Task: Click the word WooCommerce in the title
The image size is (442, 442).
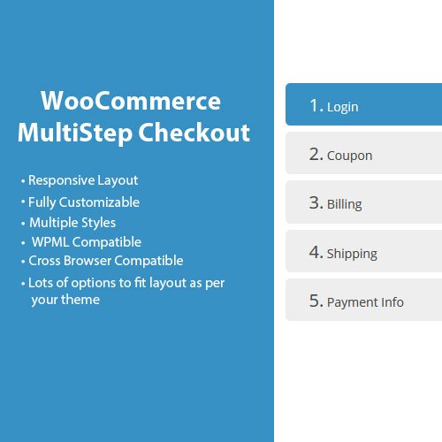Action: pos(132,99)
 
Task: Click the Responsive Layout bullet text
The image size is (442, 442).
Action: pos(82,180)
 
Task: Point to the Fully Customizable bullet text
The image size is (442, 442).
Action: pos(83,202)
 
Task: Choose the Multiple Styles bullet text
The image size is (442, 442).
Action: pos(72,222)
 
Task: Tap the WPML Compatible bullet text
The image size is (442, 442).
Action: pos(86,241)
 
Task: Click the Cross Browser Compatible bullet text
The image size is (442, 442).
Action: pos(105,261)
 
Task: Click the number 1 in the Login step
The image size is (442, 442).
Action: pos(315,106)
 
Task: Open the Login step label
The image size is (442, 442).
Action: pos(342,107)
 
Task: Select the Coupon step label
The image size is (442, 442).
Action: pos(349,156)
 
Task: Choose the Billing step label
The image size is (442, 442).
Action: pos(344,204)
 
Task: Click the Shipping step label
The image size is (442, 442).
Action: pos(352,254)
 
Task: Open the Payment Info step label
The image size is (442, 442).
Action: pos(365,302)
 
